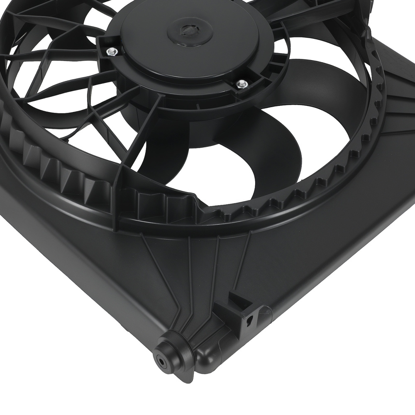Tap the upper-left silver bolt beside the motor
(x=111, y=51)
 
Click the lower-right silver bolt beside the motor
(x=240, y=84)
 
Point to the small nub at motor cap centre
(x=186, y=29)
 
